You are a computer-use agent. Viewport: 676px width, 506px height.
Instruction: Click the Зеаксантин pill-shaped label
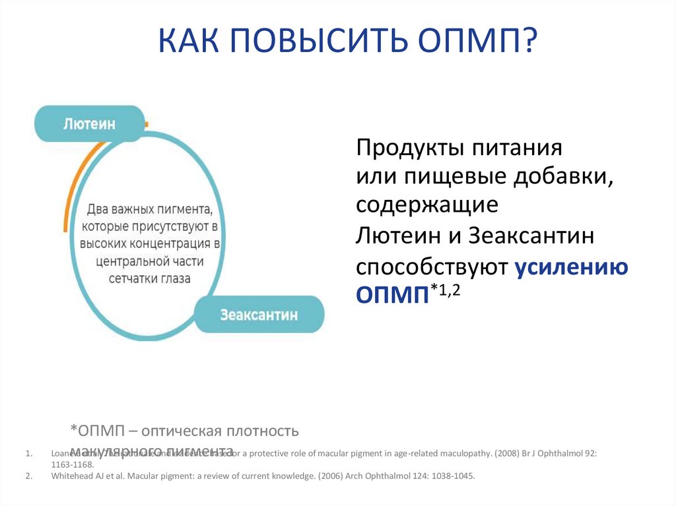259,315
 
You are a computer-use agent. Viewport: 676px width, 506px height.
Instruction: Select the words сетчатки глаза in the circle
149,278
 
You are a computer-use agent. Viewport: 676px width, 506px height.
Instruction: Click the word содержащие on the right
426,205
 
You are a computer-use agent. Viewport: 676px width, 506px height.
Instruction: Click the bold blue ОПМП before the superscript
392,294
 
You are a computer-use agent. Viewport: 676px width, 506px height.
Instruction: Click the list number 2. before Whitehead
28,476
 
